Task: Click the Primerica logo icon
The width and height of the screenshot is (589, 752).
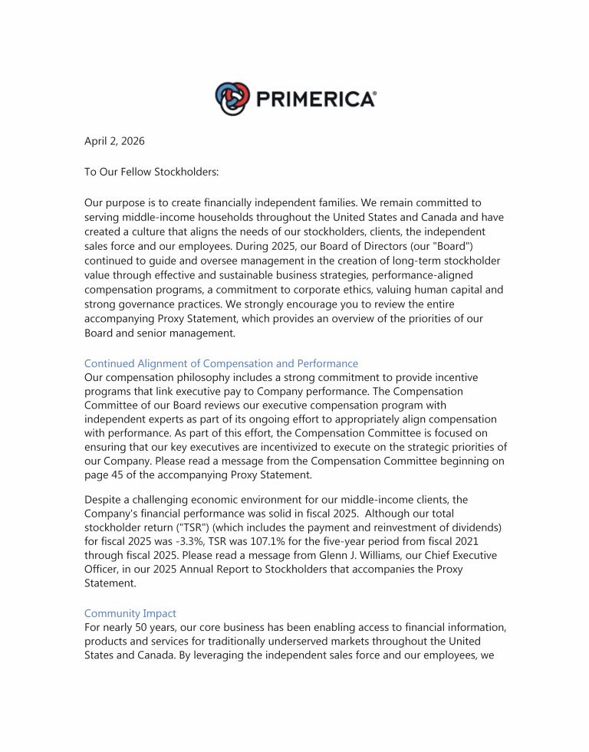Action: [232, 99]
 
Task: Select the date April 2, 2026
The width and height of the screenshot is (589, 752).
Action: [114, 141]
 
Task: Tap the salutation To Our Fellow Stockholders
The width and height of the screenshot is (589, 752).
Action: [151, 172]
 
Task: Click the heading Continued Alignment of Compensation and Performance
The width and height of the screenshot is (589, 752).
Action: [221, 363]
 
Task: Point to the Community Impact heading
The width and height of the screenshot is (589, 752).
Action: [130, 613]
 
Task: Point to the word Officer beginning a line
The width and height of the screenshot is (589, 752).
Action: [103, 569]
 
